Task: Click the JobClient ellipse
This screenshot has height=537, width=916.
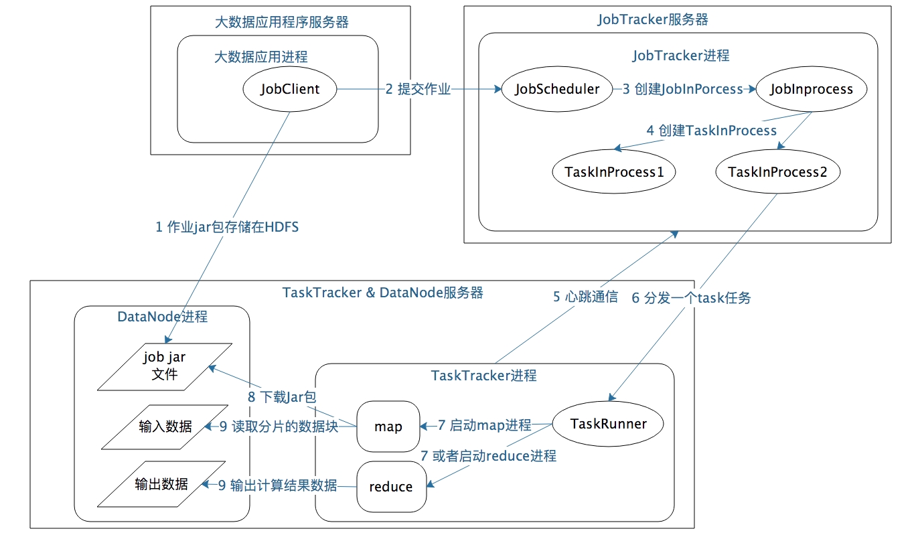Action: [x=290, y=89]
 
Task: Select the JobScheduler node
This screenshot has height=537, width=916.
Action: [x=557, y=89]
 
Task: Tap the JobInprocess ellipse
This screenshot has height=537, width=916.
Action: [x=812, y=89]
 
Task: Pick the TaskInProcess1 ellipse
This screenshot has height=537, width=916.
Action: [x=614, y=172]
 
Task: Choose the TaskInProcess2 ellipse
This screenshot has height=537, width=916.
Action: [x=777, y=172]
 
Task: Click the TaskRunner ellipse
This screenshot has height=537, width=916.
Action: [x=608, y=424]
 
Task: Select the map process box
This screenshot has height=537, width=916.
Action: [x=388, y=427]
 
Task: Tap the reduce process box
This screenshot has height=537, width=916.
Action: [x=391, y=487]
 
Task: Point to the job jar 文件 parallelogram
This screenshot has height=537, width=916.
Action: [x=165, y=366]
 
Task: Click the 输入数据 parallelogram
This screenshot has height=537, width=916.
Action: [x=165, y=427]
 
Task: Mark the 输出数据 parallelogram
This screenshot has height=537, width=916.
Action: [x=161, y=484]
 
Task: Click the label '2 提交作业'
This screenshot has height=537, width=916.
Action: [x=418, y=89]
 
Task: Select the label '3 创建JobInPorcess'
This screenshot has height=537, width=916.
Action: [x=682, y=89]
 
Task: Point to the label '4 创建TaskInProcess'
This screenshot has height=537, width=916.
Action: [x=711, y=131]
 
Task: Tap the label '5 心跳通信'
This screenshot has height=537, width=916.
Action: [x=585, y=297]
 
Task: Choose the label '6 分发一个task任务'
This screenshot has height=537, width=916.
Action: [x=691, y=298]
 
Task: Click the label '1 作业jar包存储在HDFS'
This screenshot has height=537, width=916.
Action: [x=227, y=228]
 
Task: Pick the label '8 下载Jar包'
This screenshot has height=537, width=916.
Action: [x=281, y=397]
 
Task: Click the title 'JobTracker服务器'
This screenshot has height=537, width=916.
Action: [x=652, y=19]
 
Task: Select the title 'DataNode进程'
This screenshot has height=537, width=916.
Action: [x=162, y=316]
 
